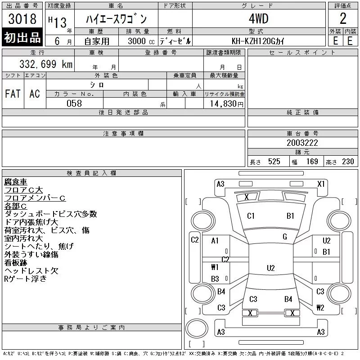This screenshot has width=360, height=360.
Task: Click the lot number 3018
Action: (22, 18)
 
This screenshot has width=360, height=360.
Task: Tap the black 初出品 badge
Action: (22, 37)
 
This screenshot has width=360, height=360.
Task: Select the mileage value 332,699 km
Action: (46, 64)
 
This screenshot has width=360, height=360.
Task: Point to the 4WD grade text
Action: (258, 18)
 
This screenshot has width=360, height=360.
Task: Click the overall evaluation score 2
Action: (343, 18)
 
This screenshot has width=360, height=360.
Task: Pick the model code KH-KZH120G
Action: (253, 41)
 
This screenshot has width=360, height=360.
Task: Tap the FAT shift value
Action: (13, 94)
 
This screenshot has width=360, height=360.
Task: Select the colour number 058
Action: (74, 103)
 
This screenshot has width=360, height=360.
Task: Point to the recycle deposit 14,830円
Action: (226, 104)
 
